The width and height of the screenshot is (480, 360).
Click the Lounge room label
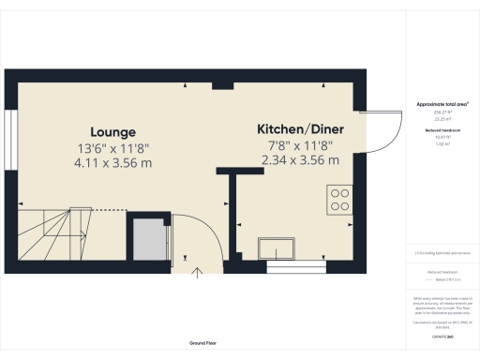(x=113, y=131)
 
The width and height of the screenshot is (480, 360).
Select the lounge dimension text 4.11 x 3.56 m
(x=113, y=163)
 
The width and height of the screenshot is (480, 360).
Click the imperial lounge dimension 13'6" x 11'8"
(x=113, y=148)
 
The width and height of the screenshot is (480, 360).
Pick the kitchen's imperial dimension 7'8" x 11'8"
(x=300, y=144)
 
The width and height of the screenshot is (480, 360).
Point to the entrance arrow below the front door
(x=198, y=273)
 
